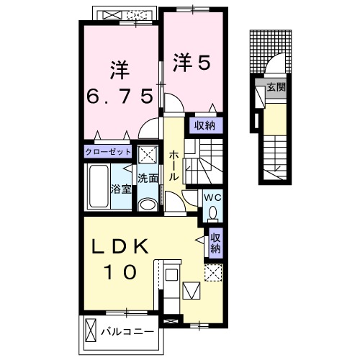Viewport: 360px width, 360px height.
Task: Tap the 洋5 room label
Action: coord(191,63)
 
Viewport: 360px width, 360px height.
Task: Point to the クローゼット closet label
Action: coord(108,152)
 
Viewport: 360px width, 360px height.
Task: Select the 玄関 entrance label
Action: coord(275,89)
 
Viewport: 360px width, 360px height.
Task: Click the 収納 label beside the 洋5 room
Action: coord(204,125)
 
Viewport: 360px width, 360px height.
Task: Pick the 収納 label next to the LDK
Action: coord(215,242)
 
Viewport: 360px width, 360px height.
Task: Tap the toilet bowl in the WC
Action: coord(212,211)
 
